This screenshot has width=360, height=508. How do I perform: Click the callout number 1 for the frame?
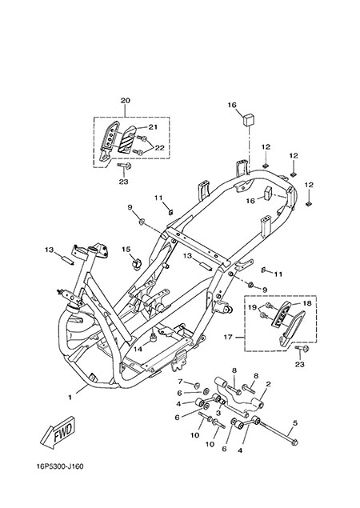point(70,397)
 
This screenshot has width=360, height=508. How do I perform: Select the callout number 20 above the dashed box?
point(125,101)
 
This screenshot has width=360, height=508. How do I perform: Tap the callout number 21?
point(153,127)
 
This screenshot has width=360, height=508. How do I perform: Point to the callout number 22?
point(160,148)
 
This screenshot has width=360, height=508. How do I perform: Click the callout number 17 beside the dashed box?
point(228,338)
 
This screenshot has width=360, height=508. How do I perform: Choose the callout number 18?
point(307,303)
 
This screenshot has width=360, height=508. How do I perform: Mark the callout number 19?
point(253,307)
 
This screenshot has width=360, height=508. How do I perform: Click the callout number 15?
point(126,249)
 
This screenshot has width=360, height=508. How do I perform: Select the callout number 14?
point(138,350)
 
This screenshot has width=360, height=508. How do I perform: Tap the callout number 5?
point(295,422)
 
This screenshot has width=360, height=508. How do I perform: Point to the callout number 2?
point(268,384)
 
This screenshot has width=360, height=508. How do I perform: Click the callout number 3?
point(218,413)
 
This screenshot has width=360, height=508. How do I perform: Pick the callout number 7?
point(181,381)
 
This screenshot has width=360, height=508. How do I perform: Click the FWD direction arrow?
point(58,432)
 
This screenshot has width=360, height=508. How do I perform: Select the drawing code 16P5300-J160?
point(60,467)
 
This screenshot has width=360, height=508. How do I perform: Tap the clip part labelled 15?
point(136,264)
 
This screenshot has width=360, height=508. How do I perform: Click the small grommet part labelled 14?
point(152,338)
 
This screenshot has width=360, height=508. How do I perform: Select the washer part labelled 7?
point(196,386)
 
